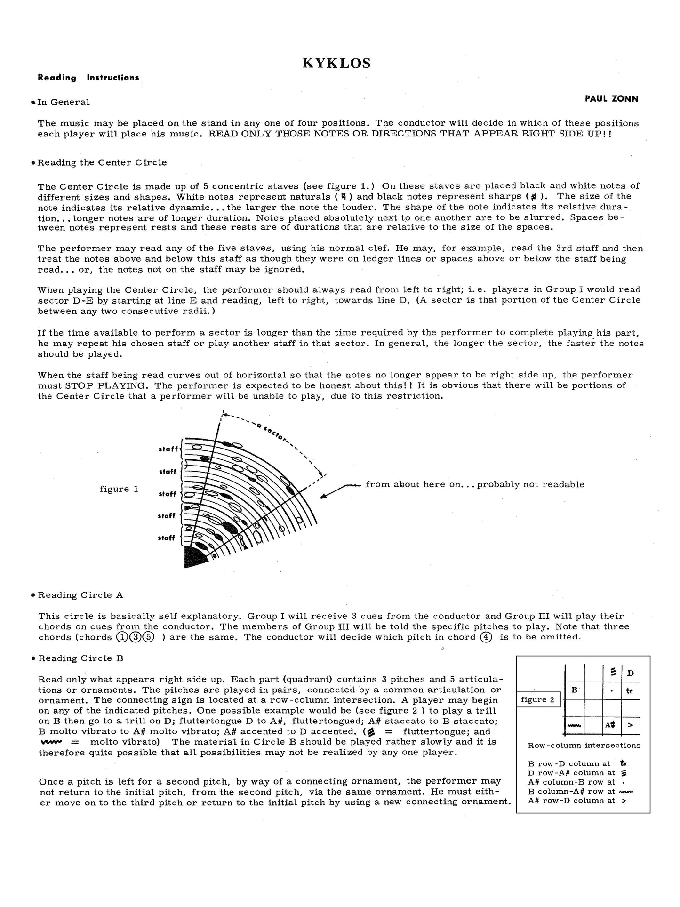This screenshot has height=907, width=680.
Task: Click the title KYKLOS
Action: [336, 63]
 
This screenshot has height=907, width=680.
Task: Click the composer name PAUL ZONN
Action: [612, 99]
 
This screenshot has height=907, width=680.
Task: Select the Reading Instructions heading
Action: [88, 78]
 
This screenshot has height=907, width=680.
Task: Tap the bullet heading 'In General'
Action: [63, 102]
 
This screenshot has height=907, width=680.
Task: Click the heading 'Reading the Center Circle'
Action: [102, 162]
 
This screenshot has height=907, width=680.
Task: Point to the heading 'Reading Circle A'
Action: [80, 595]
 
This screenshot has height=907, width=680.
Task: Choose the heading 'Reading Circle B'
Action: [80, 658]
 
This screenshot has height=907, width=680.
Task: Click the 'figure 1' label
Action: [119, 489]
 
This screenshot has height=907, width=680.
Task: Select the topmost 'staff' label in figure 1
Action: [168, 449]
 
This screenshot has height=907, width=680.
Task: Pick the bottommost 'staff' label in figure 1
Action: [167, 538]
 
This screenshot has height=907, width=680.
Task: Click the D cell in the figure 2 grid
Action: [631, 673]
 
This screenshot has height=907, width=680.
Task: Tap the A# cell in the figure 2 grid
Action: [610, 725]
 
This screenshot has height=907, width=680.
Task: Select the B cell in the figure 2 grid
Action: [575, 690]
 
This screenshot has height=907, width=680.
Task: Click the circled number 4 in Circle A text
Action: [486, 637]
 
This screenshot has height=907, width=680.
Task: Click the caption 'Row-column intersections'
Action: [584, 745]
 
